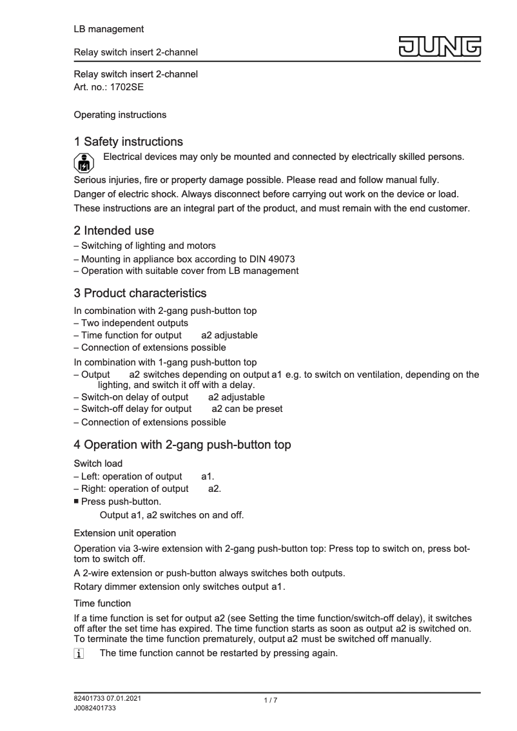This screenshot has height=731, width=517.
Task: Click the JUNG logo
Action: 442,47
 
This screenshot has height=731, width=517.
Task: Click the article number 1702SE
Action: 117,88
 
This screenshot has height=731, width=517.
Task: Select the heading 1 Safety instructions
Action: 128,141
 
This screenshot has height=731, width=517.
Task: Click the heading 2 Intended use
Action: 114,229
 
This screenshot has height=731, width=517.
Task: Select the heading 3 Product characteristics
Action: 140,294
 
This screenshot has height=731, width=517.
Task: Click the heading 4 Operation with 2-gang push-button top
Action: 182,444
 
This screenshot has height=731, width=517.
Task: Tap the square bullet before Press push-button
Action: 77,501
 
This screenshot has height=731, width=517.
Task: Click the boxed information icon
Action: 79,654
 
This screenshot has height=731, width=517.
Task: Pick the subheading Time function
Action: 102,603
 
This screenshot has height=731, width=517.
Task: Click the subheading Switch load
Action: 97,463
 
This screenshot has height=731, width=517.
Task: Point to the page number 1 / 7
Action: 270,701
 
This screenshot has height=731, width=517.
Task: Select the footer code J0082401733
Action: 95,708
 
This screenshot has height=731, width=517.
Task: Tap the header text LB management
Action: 109,29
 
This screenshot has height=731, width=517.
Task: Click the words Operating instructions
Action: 120,115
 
